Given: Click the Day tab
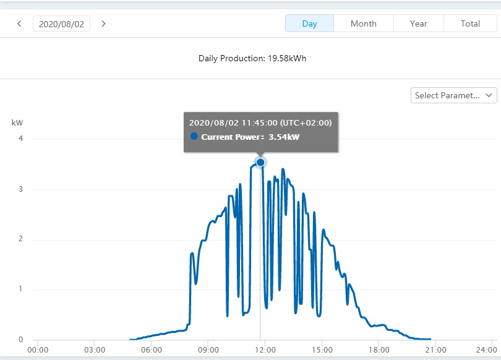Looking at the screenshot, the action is tap(309, 24).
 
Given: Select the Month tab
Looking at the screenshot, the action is tap(364, 24).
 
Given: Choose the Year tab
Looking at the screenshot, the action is tap(419, 24).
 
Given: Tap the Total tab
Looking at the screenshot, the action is tap(470, 24).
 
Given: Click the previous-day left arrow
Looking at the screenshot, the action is tap(19, 24).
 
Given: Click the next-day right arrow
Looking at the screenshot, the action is tap(103, 24).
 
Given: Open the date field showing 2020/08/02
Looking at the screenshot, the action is tap(61, 24).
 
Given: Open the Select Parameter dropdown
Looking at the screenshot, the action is tap(454, 95).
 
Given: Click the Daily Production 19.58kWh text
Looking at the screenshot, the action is tap(252, 58).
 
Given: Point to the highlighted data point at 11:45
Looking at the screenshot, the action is tap(260, 162).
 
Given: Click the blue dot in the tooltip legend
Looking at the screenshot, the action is tap(194, 136).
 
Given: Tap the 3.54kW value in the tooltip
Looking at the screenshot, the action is tap(284, 137).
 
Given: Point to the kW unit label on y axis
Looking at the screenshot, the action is tap(17, 122).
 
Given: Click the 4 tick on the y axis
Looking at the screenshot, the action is tap(21, 139).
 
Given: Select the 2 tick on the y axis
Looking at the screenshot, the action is tap(21, 239).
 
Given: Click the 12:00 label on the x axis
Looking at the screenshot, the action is tap(265, 349).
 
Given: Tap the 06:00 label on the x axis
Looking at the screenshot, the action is tap(152, 349).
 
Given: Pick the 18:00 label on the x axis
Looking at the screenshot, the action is tap(379, 349).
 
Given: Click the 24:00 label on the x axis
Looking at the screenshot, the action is tap(486, 349).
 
